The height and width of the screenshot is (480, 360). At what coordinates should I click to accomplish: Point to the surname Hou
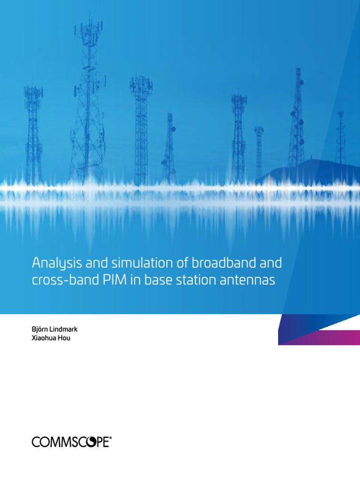(65, 338)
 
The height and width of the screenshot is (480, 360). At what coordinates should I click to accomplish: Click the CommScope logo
(70, 442)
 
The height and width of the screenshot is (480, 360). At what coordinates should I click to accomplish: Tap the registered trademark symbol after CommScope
(110, 438)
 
